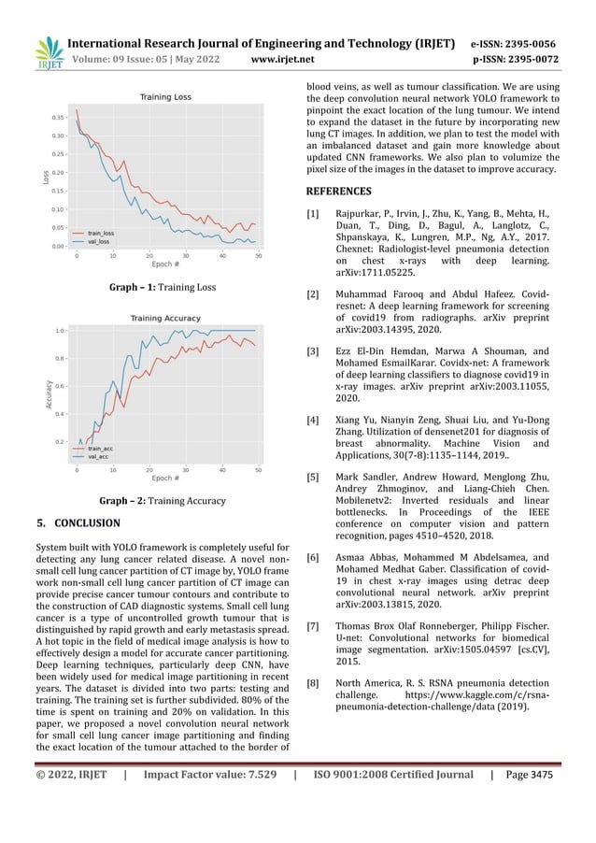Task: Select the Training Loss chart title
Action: click(x=165, y=97)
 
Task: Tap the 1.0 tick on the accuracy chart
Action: click(x=60, y=331)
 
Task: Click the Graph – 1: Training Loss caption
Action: click(x=163, y=287)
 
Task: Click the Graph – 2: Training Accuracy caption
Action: click(x=164, y=500)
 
